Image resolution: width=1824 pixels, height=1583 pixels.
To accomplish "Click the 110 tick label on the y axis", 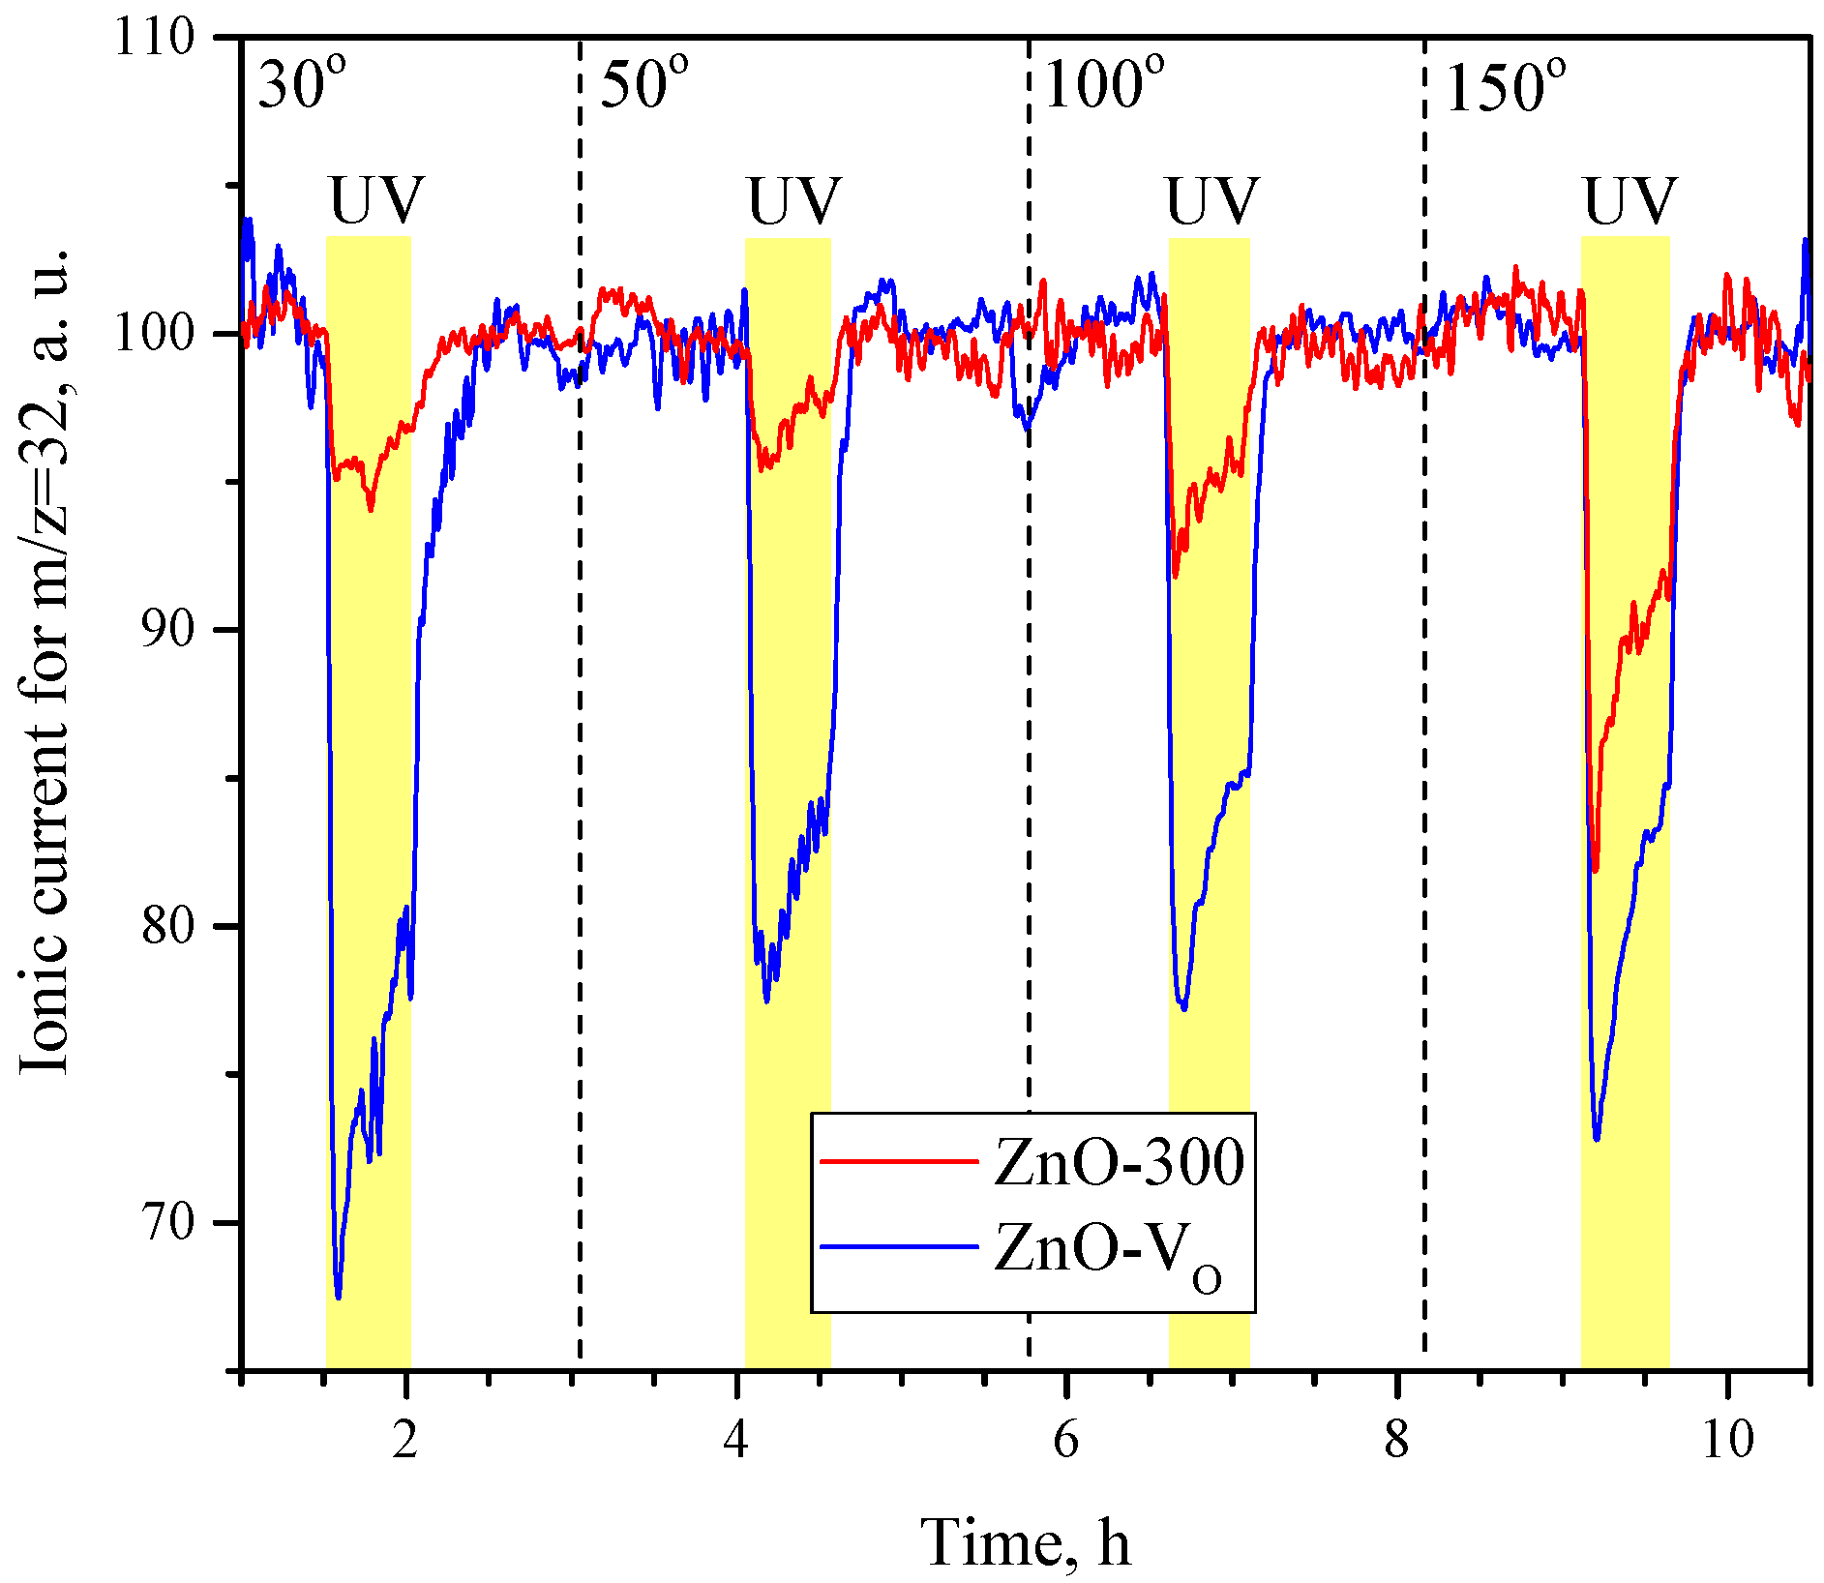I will [154, 39].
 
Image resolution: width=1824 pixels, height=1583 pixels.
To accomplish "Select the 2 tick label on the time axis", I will [405, 1439].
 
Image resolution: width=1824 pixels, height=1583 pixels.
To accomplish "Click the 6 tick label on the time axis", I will [1065, 1439].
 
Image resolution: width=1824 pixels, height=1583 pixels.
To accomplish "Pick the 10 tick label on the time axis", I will [1726, 1439].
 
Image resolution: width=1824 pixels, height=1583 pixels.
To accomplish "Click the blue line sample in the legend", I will [899, 1246].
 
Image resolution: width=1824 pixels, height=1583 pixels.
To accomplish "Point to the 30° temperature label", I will [301, 85].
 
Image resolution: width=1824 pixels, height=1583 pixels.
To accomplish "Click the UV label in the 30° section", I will [376, 200].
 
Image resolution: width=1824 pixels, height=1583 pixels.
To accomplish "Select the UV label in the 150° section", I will [1629, 200].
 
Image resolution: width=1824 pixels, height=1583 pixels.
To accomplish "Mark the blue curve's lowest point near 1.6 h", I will [338, 1296].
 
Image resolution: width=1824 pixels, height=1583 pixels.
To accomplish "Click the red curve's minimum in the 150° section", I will [1595, 870].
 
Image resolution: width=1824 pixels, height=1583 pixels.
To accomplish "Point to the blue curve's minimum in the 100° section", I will [1183, 1008].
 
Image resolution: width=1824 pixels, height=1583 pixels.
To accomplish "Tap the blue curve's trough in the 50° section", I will [766, 1001].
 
